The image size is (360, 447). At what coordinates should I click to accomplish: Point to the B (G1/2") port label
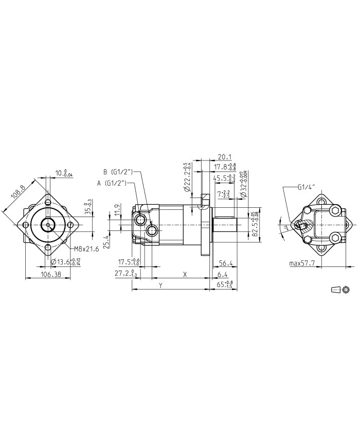click(118, 171)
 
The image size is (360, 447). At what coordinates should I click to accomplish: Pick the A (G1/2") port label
click(113, 183)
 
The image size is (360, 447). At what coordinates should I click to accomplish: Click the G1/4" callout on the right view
click(305, 187)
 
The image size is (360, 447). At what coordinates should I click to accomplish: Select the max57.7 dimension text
click(302, 263)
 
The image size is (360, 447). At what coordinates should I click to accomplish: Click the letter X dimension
click(185, 275)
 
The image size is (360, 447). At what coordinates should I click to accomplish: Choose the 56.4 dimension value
click(226, 263)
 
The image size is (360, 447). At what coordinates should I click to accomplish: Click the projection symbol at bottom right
click(340, 290)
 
